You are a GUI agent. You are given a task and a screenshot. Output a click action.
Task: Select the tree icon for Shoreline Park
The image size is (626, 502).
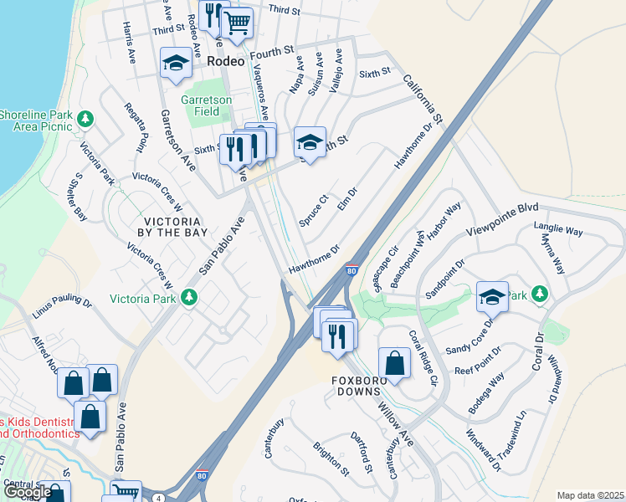(x=85, y=119)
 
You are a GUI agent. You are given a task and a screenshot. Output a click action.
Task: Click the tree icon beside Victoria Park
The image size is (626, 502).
(x=190, y=297)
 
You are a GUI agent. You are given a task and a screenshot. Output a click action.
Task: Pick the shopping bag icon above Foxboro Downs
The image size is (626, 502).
(x=394, y=363)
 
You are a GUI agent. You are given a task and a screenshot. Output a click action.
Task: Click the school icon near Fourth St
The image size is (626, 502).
(x=176, y=63)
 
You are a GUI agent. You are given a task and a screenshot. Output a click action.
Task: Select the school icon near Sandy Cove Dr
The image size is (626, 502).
(x=492, y=296)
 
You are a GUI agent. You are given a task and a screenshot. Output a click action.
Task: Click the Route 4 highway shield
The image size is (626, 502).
(x=158, y=497)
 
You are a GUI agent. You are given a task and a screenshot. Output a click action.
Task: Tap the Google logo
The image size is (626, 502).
(x=28, y=492)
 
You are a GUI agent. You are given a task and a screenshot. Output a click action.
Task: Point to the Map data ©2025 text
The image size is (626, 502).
(x=590, y=495)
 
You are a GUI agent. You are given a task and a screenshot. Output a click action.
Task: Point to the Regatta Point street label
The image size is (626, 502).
(x=136, y=125)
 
